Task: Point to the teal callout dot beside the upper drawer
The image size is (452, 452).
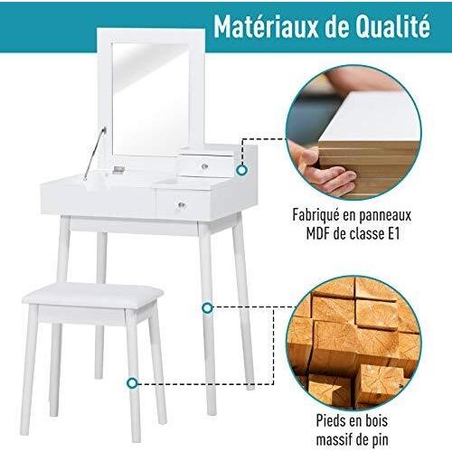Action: click(242, 169)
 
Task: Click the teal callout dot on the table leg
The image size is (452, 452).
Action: click(207, 308)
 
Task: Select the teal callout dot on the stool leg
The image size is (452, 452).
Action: click(134, 382)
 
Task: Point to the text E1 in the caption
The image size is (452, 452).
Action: click(399, 237)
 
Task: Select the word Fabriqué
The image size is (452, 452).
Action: click(317, 217)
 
